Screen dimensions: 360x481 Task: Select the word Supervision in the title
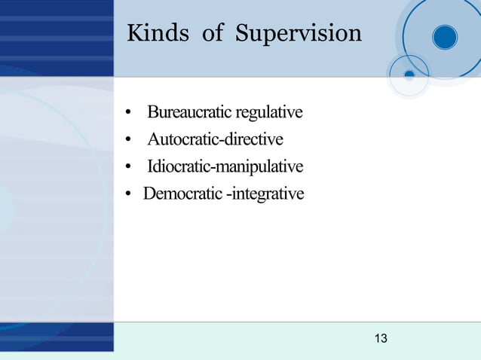(x=298, y=34)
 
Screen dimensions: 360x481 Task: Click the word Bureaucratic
(x=191, y=113)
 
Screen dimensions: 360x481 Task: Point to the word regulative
(x=270, y=113)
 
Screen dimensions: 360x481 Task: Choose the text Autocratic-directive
(x=215, y=140)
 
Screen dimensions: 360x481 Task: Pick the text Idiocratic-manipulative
(x=225, y=166)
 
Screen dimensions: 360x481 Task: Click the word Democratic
(x=182, y=194)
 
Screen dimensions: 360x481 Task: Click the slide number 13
(x=381, y=339)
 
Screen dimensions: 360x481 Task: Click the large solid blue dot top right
(x=445, y=37)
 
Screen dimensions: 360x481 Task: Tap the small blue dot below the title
(x=409, y=75)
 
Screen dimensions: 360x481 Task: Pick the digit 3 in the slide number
(x=384, y=339)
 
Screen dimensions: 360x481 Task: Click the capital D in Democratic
(x=149, y=194)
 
